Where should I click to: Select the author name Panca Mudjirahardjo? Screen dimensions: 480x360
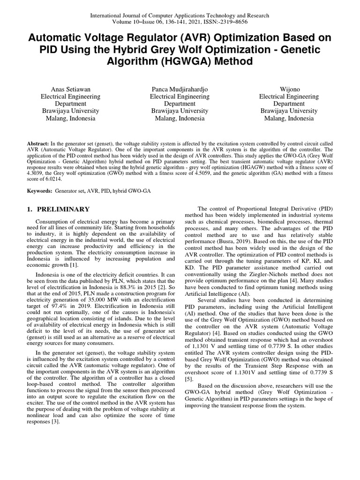[x=180, y=89]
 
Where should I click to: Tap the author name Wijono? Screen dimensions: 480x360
[x=289, y=89]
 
